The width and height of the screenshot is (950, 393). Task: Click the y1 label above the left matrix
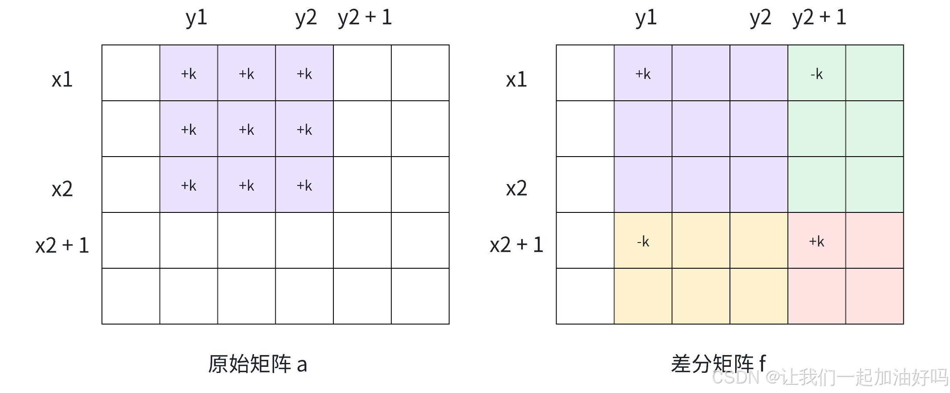coord(196,18)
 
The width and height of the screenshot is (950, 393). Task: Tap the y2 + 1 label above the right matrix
coord(819,18)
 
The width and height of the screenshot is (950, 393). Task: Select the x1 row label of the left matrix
coord(62,80)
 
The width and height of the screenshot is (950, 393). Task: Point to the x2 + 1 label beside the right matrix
coord(516,245)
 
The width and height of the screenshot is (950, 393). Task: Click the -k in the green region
coord(817,74)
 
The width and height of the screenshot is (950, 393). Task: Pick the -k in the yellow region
coord(643,242)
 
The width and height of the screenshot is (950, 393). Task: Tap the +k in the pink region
coord(817,242)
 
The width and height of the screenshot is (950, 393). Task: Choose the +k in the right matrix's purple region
coord(643,74)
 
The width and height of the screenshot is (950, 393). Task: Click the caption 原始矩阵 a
coord(258,364)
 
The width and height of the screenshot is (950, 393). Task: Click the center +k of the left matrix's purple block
coord(246,130)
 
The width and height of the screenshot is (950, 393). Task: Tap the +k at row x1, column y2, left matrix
coord(304,74)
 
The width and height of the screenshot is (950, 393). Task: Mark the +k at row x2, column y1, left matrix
coord(189,186)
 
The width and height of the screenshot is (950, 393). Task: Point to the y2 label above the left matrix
coord(305,18)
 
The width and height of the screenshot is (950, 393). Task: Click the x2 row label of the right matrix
coord(516,189)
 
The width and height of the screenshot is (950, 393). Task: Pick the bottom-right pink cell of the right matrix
coord(874,296)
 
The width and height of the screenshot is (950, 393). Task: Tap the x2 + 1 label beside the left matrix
coord(62,245)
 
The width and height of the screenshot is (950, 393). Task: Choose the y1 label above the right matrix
coord(646,18)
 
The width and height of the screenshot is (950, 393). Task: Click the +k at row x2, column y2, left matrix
coord(304,186)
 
